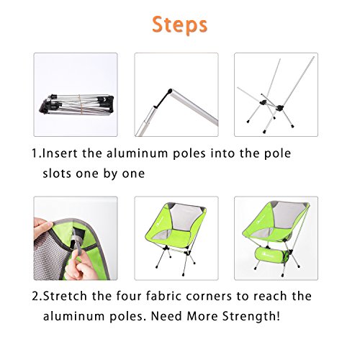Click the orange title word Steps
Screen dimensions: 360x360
[x=180, y=24]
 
